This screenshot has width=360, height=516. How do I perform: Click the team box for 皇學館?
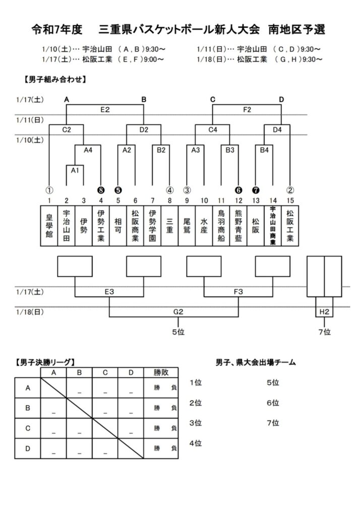click(49, 226)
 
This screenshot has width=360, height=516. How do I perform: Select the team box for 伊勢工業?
click(101, 226)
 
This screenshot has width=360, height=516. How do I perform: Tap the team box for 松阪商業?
click(135, 226)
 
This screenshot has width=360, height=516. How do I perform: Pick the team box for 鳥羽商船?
click(221, 226)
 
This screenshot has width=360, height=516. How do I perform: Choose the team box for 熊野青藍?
click(238, 226)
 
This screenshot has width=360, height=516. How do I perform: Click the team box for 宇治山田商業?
click(273, 226)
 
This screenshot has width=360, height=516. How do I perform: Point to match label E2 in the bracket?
click(105, 109)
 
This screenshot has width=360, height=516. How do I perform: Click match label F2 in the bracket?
click(247, 109)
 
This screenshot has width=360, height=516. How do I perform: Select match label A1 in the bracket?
click(75, 170)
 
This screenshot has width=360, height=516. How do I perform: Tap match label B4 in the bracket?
click(264, 150)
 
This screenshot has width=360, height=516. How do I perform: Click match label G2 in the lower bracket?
click(178, 312)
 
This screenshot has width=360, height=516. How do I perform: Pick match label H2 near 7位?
click(324, 312)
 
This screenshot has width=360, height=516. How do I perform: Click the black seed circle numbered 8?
click(101, 190)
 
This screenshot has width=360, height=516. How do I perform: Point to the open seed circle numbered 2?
click(290, 190)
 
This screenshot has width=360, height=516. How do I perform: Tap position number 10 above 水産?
click(204, 200)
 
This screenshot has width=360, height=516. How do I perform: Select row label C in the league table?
click(28, 428)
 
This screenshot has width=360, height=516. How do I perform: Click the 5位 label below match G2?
click(178, 332)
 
